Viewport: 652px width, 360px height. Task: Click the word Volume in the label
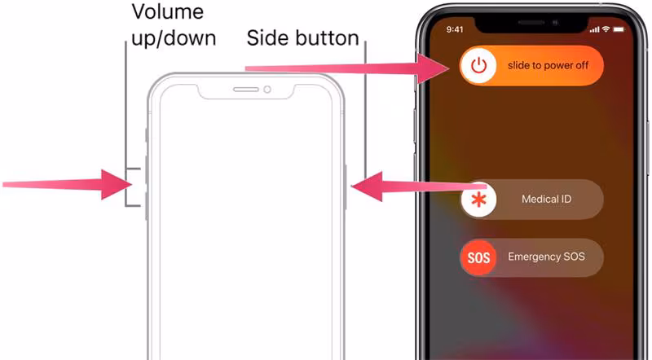pyautogui.click(x=168, y=11)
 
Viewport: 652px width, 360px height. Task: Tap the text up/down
pyautogui.click(x=174, y=38)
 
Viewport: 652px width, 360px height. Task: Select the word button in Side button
pyautogui.click(x=328, y=37)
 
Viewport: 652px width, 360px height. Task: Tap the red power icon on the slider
pyautogui.click(x=478, y=65)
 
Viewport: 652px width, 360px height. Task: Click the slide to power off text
pyautogui.click(x=548, y=65)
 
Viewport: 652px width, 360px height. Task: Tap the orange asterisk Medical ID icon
pyautogui.click(x=478, y=200)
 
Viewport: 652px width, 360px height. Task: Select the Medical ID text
pyautogui.click(x=546, y=199)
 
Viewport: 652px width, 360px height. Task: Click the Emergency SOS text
pyautogui.click(x=546, y=257)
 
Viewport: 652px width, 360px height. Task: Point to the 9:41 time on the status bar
pyautogui.click(x=455, y=29)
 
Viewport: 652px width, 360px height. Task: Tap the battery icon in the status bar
pyautogui.click(x=619, y=29)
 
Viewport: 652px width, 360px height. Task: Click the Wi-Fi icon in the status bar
pyautogui.click(x=606, y=29)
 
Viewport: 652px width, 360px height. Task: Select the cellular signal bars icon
pyautogui.click(x=595, y=29)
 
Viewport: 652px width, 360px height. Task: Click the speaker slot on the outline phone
pyautogui.click(x=246, y=90)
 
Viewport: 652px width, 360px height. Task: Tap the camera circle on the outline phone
pyautogui.click(x=267, y=90)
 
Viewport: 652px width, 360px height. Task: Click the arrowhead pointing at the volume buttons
pyautogui.click(x=117, y=184)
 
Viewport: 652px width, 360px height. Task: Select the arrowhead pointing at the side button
pyautogui.click(x=367, y=187)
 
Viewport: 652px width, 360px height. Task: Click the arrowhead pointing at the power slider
pyautogui.click(x=433, y=68)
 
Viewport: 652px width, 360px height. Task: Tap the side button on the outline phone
pyautogui.click(x=345, y=187)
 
